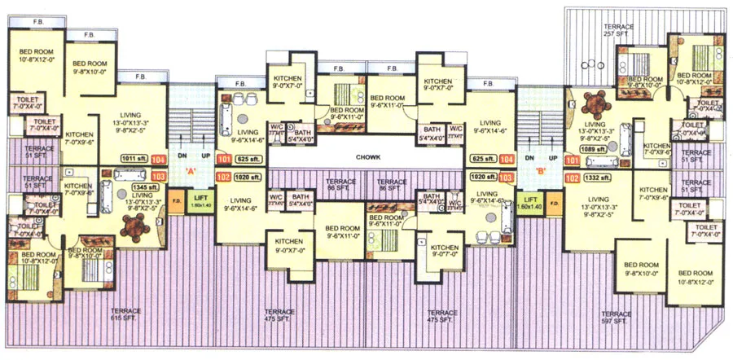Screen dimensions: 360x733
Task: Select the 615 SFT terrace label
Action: point(126,315)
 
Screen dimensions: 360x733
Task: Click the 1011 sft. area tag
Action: point(132,160)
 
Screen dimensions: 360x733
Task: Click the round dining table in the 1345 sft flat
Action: point(132,230)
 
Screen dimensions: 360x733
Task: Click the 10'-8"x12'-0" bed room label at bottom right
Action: point(695,277)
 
